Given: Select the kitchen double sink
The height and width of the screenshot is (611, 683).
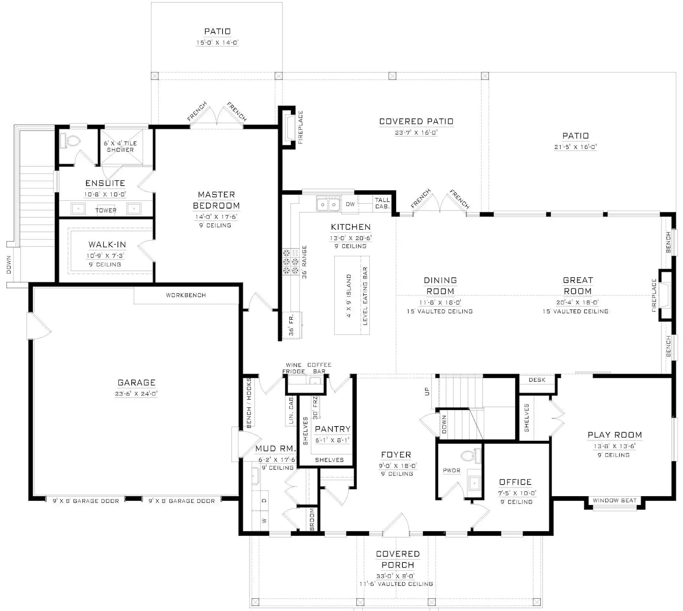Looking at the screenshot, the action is [x=328, y=204].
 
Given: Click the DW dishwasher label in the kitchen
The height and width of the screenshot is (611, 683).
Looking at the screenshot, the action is [x=350, y=204].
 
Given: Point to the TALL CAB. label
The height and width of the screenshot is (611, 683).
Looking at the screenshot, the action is [x=382, y=203].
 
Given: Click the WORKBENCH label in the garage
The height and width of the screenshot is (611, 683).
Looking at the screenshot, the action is [x=186, y=295].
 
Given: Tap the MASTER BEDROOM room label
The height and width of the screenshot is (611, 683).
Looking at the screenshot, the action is [x=216, y=200].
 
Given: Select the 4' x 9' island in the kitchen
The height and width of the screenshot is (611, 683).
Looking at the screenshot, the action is [x=352, y=295].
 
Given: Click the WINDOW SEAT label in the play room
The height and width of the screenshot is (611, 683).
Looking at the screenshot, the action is [x=614, y=501].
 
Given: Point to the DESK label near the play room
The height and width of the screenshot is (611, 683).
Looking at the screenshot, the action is [x=537, y=380].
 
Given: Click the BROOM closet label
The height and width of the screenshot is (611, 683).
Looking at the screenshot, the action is [x=312, y=519].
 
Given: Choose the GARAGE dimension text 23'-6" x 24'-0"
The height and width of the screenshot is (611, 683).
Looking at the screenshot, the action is [x=136, y=394].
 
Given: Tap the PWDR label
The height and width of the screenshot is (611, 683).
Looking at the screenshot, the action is [x=451, y=471].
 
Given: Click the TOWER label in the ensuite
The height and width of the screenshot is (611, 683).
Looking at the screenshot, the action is [x=106, y=210].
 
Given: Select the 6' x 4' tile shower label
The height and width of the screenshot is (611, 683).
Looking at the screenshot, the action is [x=120, y=147].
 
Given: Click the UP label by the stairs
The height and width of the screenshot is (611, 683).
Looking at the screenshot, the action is [x=427, y=392].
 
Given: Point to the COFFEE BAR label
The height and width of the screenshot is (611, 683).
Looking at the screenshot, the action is [x=319, y=368].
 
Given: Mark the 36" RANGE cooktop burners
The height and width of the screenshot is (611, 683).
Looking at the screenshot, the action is [x=290, y=261].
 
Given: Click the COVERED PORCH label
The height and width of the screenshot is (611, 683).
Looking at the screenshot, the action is [x=398, y=559].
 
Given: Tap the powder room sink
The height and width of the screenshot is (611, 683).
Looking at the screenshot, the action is [x=474, y=483].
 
